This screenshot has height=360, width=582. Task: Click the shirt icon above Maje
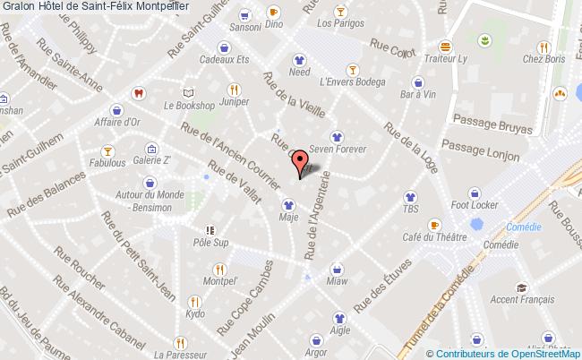(x=288, y=201)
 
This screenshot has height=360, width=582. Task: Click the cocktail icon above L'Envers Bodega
(x=354, y=70)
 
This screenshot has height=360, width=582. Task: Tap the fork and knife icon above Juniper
(x=234, y=90)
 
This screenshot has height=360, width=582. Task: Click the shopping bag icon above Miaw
(x=337, y=268)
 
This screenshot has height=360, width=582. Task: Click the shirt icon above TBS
(x=410, y=196)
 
